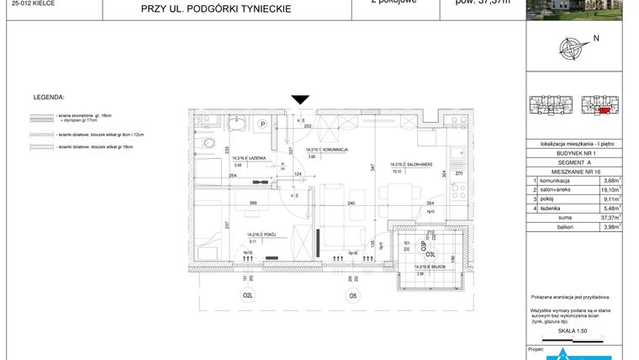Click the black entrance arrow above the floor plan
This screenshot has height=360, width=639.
299,101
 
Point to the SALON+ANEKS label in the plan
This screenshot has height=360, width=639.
404,165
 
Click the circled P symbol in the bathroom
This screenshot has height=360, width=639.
262,124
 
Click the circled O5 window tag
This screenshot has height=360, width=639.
354,296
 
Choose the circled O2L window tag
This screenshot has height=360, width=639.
248,296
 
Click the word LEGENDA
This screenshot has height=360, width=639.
49,98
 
